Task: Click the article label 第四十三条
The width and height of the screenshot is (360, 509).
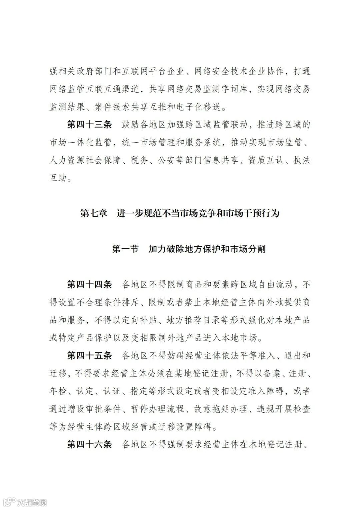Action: (89, 125)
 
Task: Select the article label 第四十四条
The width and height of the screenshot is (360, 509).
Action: (89, 284)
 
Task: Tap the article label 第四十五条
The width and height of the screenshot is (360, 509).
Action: (89, 355)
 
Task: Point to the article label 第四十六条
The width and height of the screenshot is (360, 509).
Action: (89, 444)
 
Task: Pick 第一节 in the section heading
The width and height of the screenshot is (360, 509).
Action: (125, 249)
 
